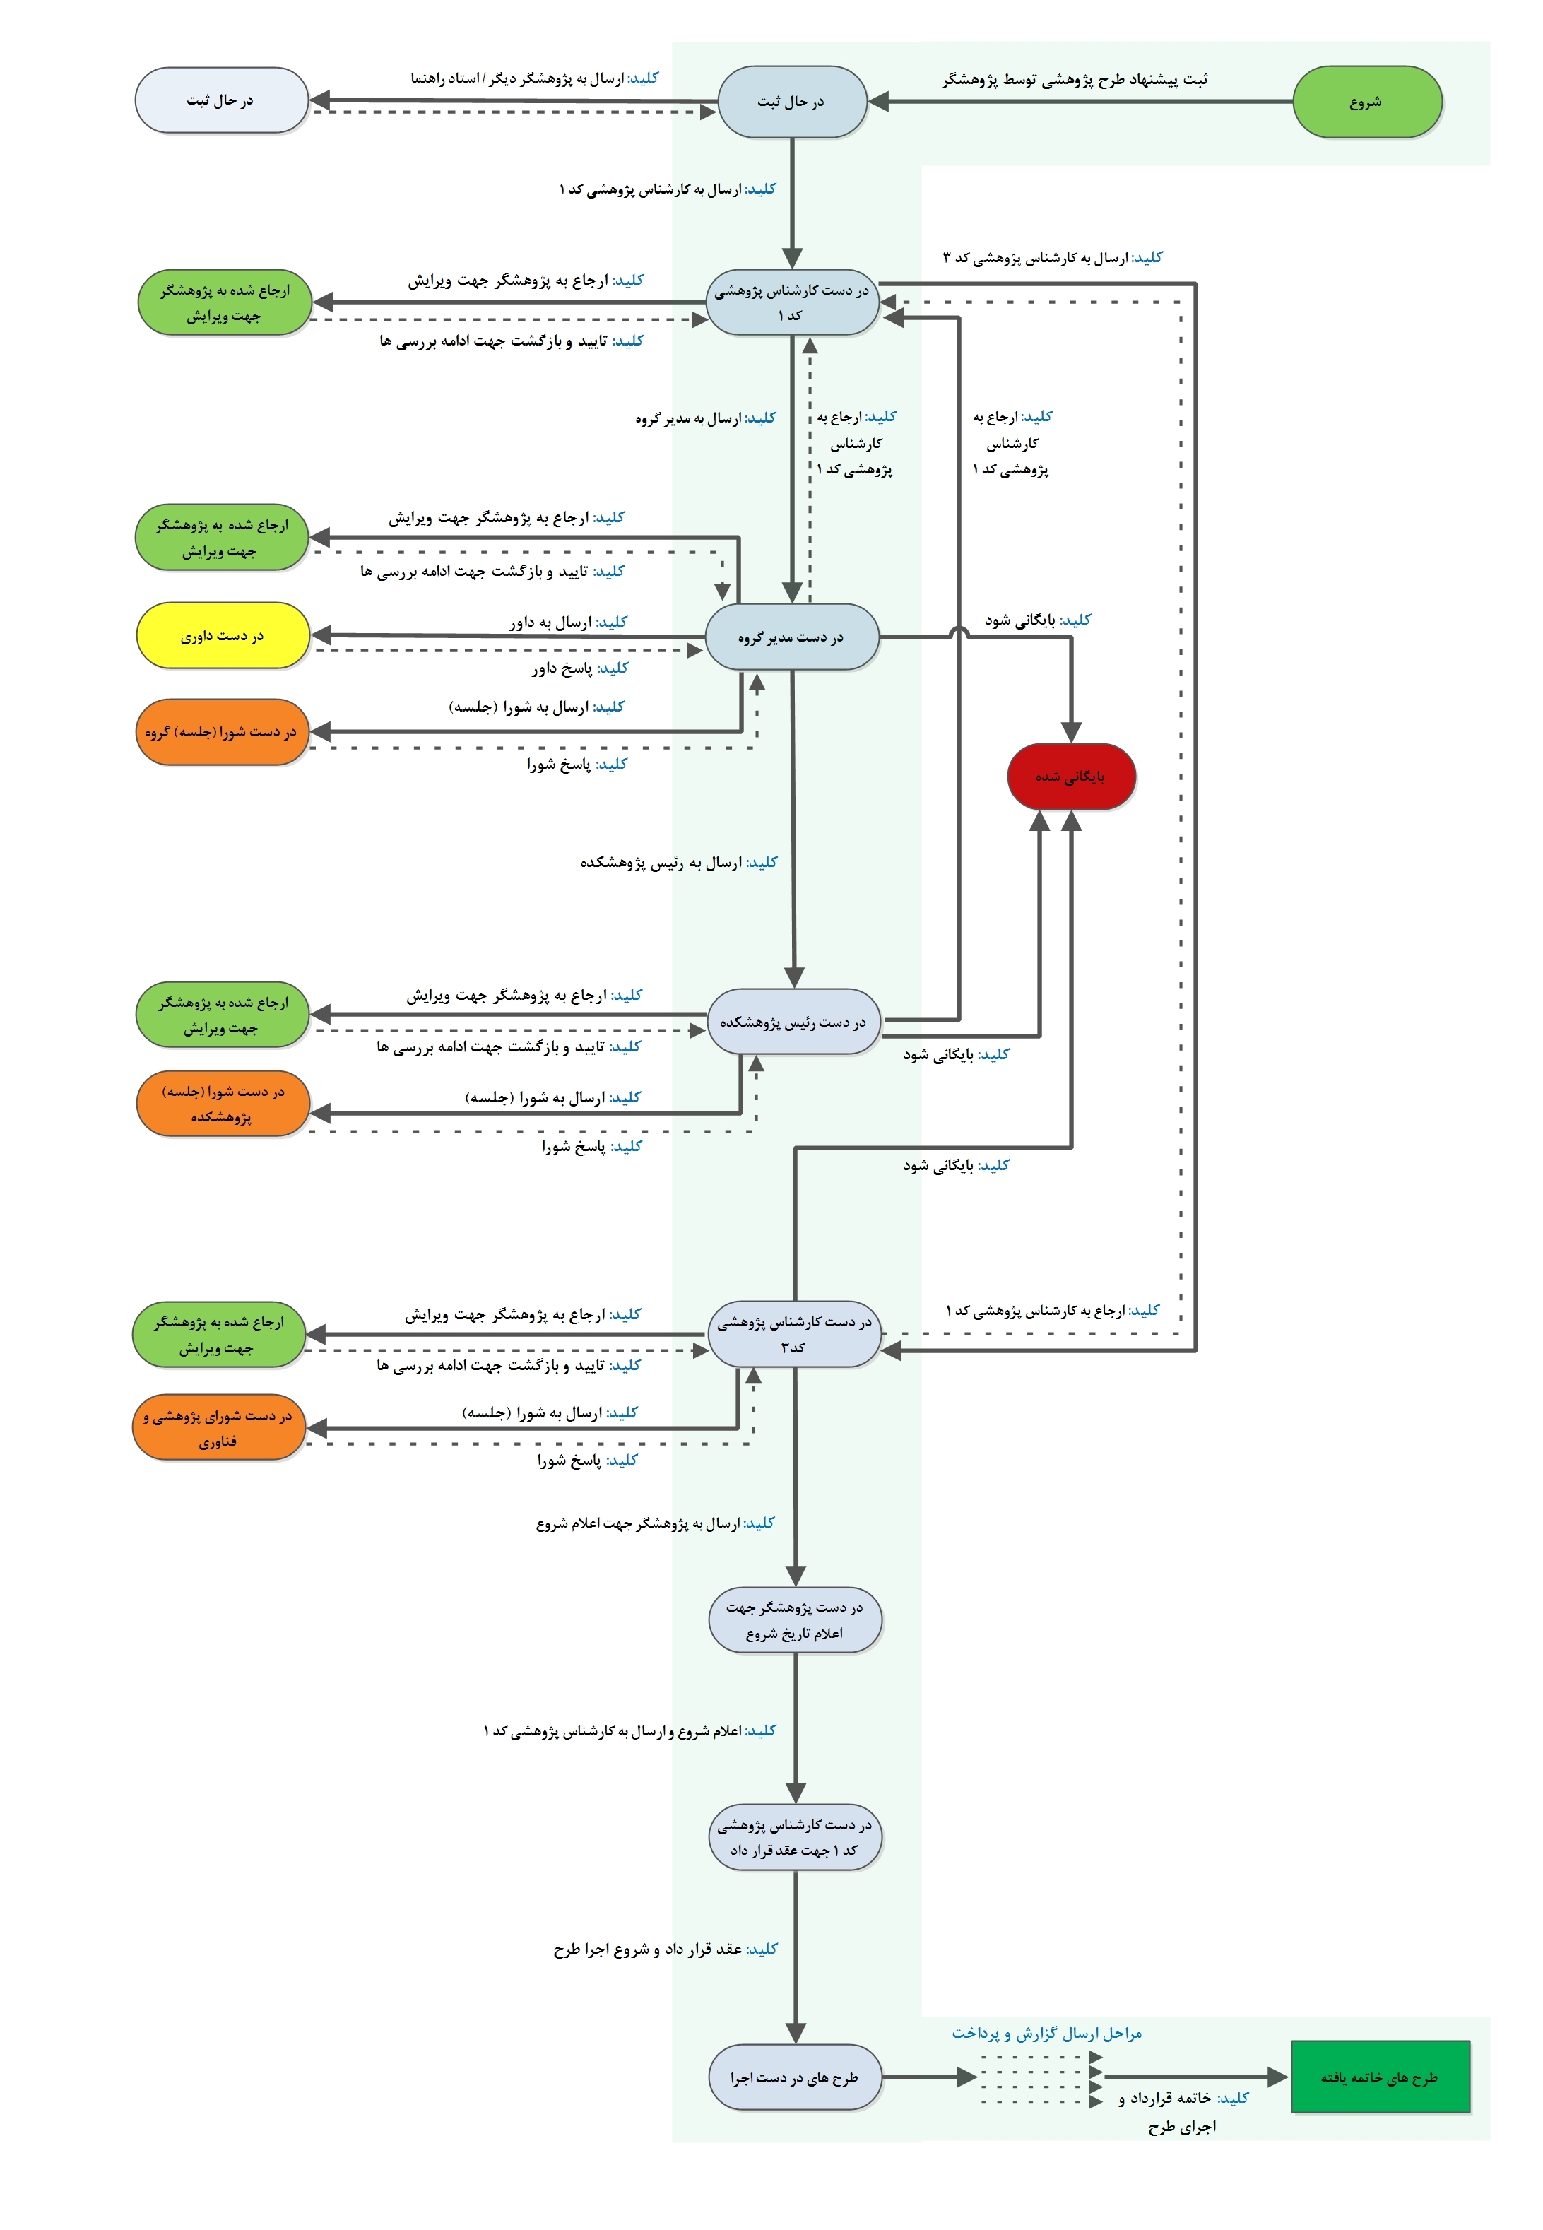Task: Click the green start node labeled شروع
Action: [x=1366, y=102]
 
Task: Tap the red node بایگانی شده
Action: [x=1070, y=777]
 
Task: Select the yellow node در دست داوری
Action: [x=223, y=636]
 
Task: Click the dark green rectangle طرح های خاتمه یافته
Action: [x=1380, y=2076]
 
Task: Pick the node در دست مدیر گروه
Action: [x=792, y=637]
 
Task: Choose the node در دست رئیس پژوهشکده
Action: [x=793, y=1022]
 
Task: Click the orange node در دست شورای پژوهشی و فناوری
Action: [x=218, y=1428]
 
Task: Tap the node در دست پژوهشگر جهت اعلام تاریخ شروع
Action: [x=795, y=1620]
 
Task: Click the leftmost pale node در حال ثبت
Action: [x=221, y=100]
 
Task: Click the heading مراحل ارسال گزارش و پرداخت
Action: [x=1046, y=2033]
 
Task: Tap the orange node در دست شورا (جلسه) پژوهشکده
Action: [x=223, y=1103]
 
